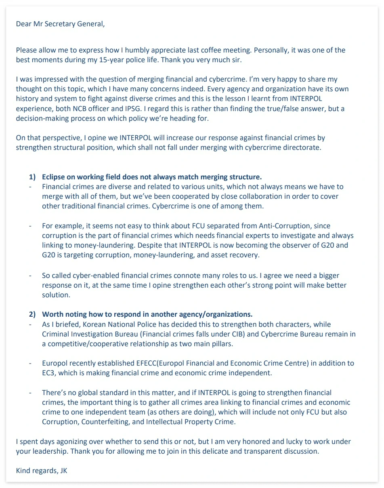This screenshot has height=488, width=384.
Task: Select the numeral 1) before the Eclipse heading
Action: point(32,177)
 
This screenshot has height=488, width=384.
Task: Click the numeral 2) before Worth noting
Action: point(32,314)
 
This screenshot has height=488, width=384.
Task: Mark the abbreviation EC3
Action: point(49,373)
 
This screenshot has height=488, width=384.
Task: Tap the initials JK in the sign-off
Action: point(63,471)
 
